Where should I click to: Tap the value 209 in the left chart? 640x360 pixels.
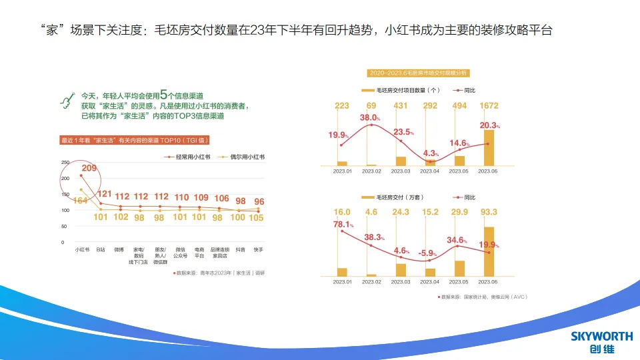tap(90, 168)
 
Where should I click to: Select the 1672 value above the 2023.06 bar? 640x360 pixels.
tap(489, 106)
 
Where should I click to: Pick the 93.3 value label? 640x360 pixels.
tap(489, 212)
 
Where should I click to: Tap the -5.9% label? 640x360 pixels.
tap(427, 253)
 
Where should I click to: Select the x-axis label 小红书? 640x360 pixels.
tap(81, 249)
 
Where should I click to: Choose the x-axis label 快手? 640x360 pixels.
tap(259, 249)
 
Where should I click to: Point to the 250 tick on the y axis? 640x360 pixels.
tap(65, 163)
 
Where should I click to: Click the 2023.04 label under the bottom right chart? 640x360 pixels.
tap(430, 282)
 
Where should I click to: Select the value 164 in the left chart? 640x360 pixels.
tap(81, 201)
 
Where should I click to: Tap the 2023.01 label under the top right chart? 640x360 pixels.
tap(342, 171)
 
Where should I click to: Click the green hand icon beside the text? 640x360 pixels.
tap(67, 100)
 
